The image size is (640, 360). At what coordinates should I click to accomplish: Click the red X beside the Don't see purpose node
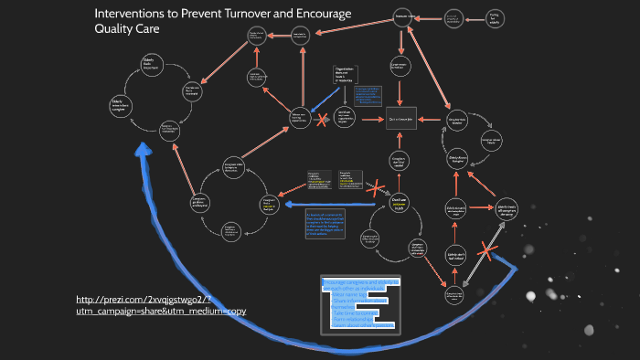point(374,188)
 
